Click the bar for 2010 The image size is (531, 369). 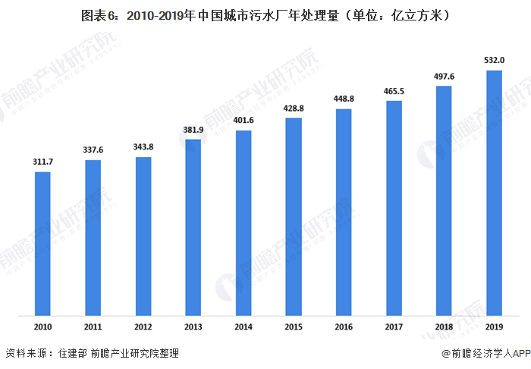42,243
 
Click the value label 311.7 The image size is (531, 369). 42,162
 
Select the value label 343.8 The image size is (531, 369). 143,147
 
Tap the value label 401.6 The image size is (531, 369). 244,120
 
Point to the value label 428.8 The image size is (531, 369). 294,108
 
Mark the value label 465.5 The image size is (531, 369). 394,91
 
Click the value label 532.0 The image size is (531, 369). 495,60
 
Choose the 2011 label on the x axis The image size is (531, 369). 93,327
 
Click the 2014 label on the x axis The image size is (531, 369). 244,327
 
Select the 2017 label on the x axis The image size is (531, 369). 394,327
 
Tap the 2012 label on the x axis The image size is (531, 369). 143,327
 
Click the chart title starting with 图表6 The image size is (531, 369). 265,14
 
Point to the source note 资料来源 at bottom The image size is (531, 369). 91,354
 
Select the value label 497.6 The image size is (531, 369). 445,76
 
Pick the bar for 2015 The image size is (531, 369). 294,216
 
